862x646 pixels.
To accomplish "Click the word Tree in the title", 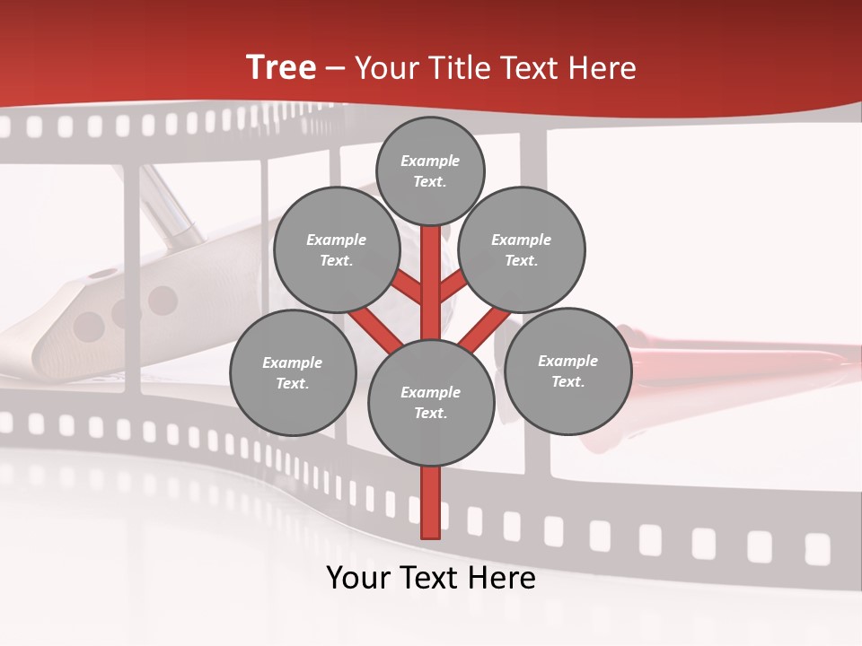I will pyautogui.click(x=281, y=68).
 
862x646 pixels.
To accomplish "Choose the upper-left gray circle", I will pyautogui.click(x=337, y=249).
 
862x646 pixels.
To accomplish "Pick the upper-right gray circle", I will pyautogui.click(x=522, y=249).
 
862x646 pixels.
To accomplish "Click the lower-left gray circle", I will pyautogui.click(x=293, y=372).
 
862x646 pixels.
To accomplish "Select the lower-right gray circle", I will pyautogui.click(x=568, y=371).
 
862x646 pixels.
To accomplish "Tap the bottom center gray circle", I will pyautogui.click(x=431, y=402).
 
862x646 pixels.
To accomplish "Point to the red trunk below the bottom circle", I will pyautogui.click(x=431, y=502).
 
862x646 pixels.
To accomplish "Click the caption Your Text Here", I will pyautogui.click(x=431, y=578).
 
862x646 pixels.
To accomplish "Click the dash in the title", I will pyautogui.click(x=336, y=69).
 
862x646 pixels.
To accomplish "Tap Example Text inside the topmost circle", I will pyautogui.click(x=430, y=170).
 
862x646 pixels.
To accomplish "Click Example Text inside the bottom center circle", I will pyautogui.click(x=431, y=402).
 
